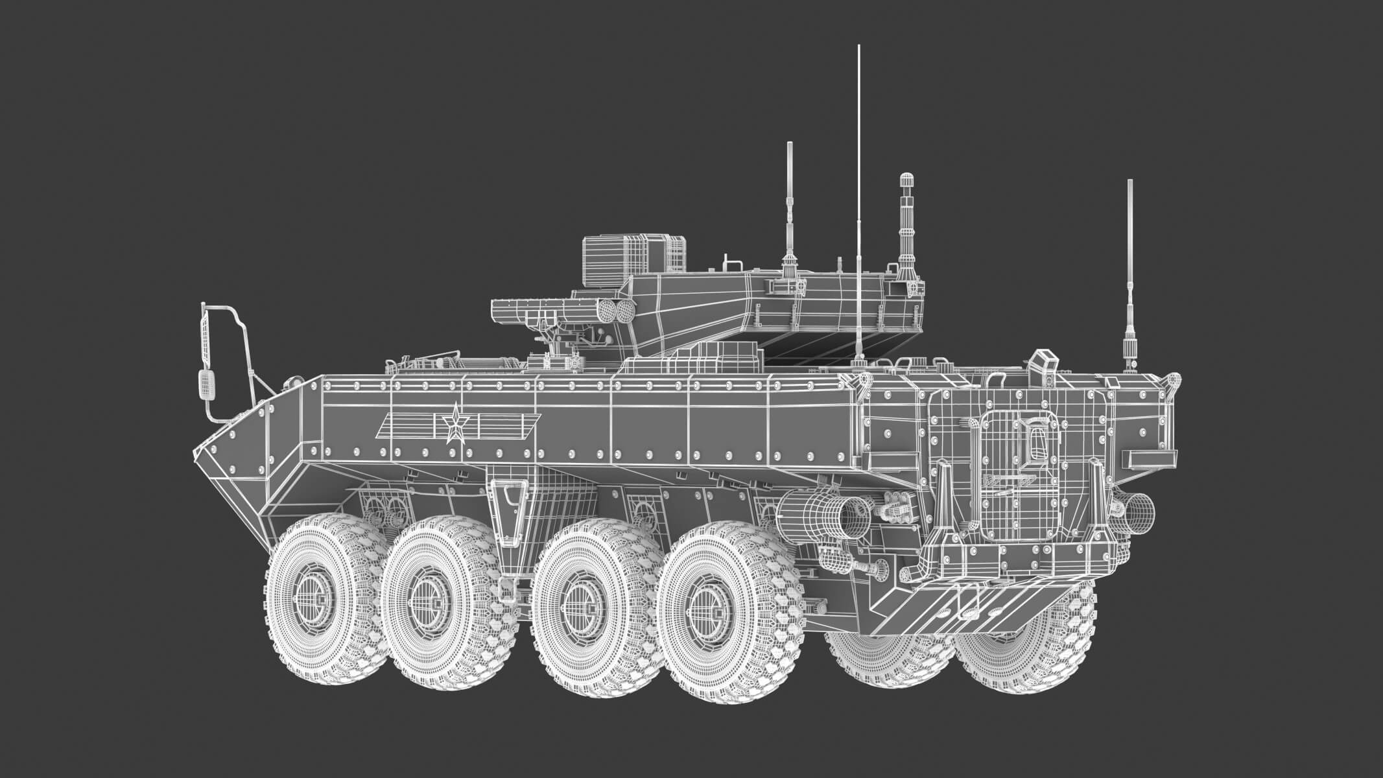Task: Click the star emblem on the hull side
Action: [455, 425]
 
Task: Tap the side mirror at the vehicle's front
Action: [206, 385]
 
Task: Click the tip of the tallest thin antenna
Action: [858, 47]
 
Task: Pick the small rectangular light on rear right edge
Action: [1151, 459]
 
